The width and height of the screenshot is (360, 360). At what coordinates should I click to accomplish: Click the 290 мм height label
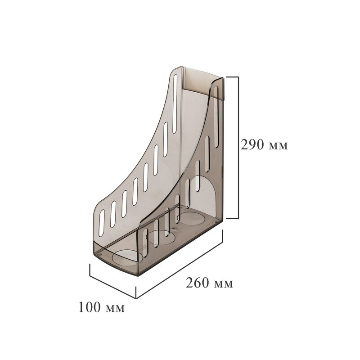[264, 145]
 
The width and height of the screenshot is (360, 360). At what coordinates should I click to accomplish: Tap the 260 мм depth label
[209, 283]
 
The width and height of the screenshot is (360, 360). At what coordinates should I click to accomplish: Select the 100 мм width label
[102, 307]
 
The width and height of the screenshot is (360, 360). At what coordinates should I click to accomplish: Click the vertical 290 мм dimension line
[238, 148]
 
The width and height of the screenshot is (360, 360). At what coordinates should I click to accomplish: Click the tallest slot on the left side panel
[175, 104]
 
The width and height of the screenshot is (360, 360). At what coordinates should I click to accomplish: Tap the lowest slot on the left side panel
[102, 223]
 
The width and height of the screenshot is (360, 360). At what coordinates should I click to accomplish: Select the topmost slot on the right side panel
[216, 117]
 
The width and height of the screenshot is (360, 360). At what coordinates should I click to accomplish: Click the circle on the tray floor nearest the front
[127, 258]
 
